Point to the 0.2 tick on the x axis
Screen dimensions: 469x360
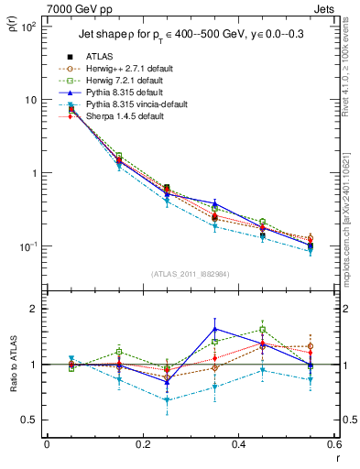[x=142, y=445]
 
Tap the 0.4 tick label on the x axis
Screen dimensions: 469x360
[x=237, y=445]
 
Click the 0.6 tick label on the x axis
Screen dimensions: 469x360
[x=333, y=445]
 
